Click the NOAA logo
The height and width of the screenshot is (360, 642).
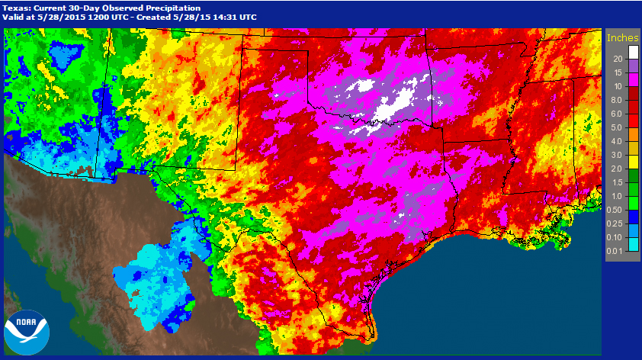point(26,333)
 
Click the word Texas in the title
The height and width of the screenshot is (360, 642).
point(18,6)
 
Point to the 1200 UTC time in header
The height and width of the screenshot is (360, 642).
point(118,16)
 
